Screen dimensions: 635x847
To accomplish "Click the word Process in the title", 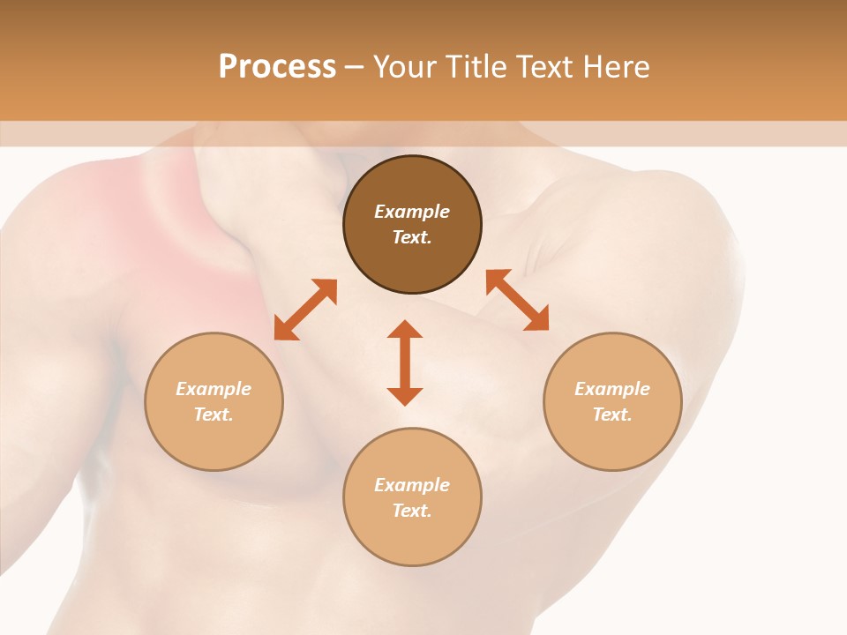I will point(277,67).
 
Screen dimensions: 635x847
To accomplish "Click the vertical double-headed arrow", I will point(405,362).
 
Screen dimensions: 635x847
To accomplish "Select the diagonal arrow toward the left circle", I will point(305,310).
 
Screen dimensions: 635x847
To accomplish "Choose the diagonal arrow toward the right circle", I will point(517,300).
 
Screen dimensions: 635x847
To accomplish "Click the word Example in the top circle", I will point(412,212).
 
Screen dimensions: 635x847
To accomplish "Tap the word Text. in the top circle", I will point(412,237).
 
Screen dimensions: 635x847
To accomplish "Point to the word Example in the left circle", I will point(214,389).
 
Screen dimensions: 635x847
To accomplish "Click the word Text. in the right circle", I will point(612,415).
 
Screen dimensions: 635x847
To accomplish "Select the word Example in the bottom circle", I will point(412,485).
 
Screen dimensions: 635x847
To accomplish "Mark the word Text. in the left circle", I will point(214,415).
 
